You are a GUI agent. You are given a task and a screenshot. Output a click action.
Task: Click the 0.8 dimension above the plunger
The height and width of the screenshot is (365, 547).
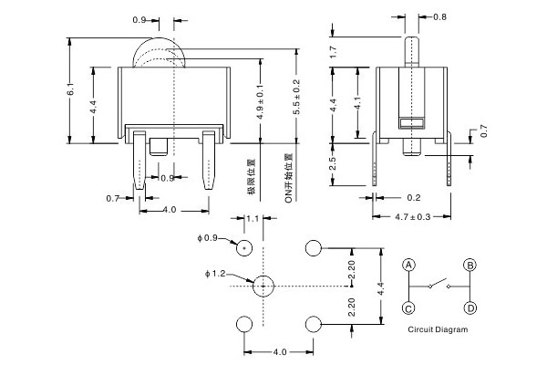439,16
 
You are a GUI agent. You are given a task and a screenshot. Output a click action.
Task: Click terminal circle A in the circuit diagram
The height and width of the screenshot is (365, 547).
409,266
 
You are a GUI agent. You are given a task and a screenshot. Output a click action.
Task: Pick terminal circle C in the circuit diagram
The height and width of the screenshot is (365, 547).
409,308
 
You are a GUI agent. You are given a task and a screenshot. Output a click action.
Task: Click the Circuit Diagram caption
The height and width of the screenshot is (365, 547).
438,329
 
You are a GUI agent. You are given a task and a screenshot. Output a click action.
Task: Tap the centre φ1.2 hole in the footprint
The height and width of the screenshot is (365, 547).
262,286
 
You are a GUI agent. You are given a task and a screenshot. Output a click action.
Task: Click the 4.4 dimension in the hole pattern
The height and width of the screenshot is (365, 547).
382,287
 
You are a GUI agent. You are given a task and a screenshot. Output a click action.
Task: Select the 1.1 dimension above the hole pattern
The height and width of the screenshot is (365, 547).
253,219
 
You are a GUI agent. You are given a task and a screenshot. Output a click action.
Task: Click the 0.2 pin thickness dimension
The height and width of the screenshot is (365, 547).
413,197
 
